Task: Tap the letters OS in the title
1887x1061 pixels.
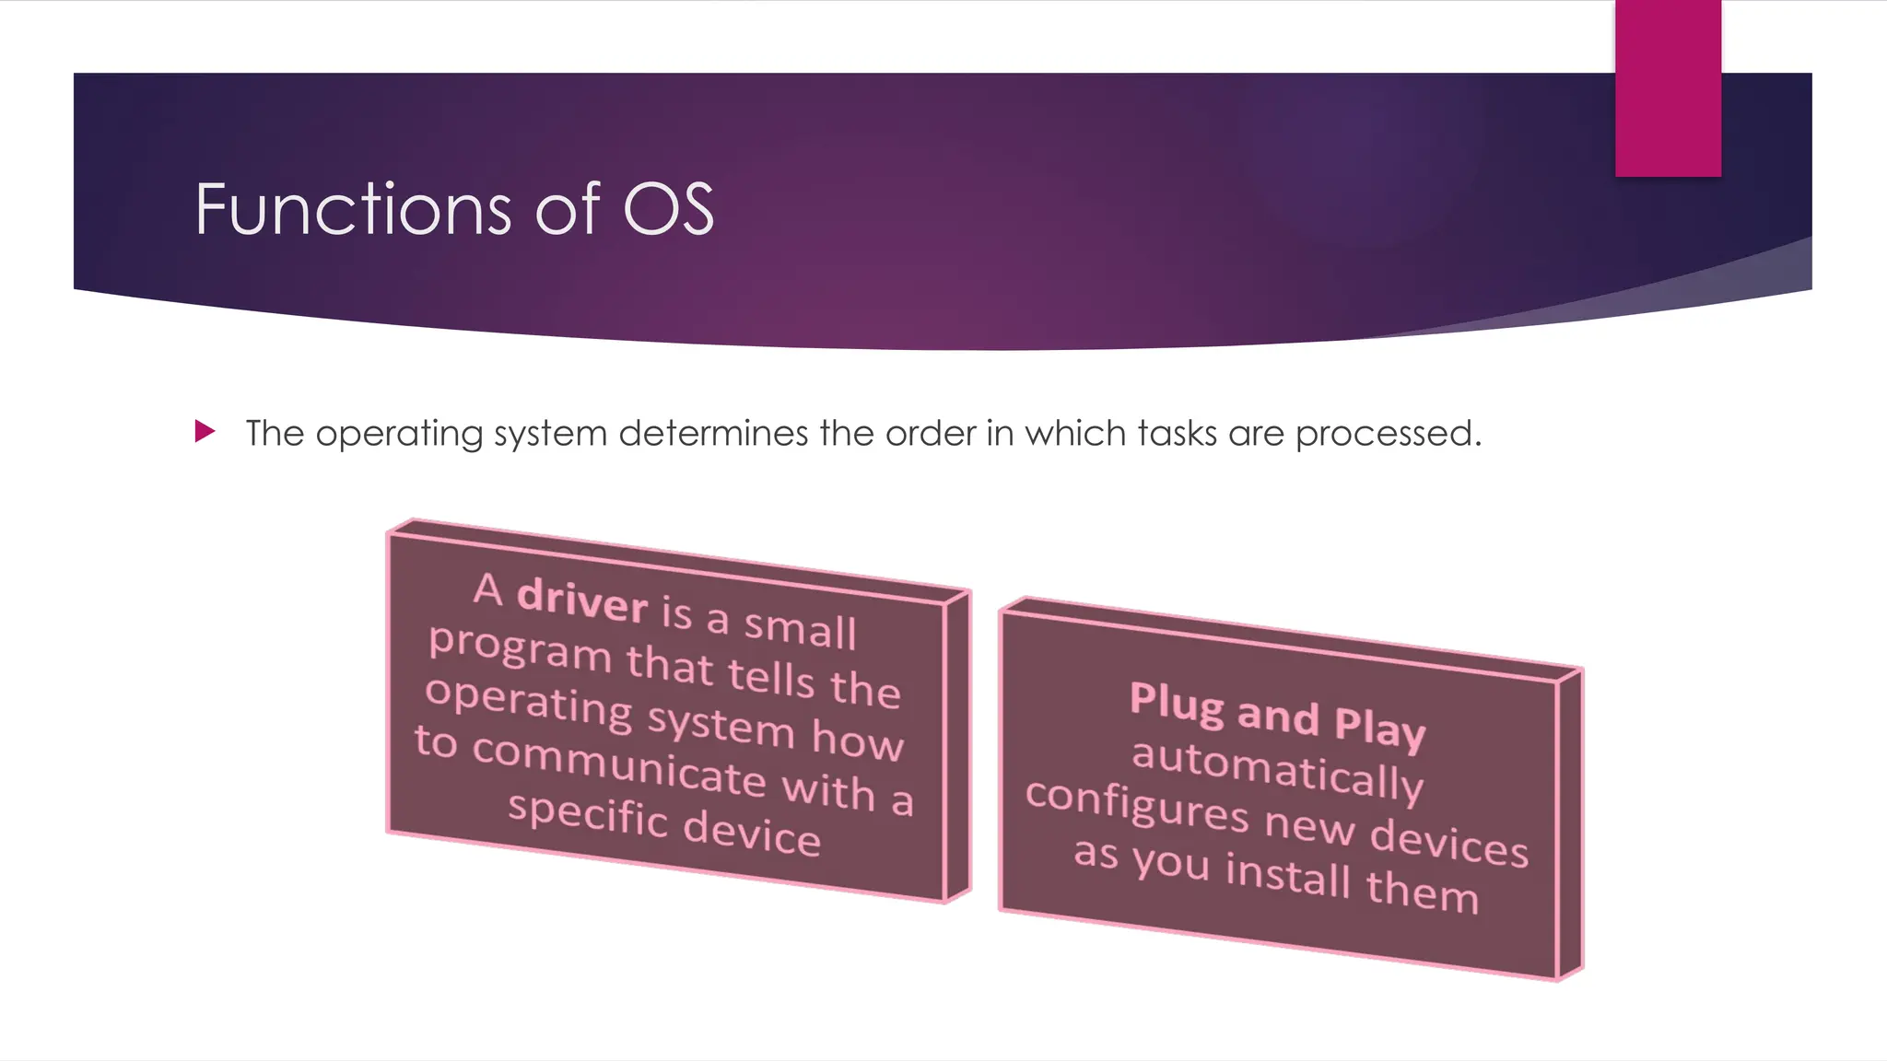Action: tap(668, 209)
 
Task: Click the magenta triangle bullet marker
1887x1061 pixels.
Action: tap(205, 431)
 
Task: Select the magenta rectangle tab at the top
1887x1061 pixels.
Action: tap(1668, 87)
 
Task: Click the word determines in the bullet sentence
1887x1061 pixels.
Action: tap(712, 433)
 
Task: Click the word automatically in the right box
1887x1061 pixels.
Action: tap(1277, 768)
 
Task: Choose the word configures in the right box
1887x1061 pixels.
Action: tap(1137, 804)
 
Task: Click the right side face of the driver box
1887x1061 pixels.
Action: tap(957, 746)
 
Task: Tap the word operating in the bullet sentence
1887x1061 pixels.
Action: tap(398, 434)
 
